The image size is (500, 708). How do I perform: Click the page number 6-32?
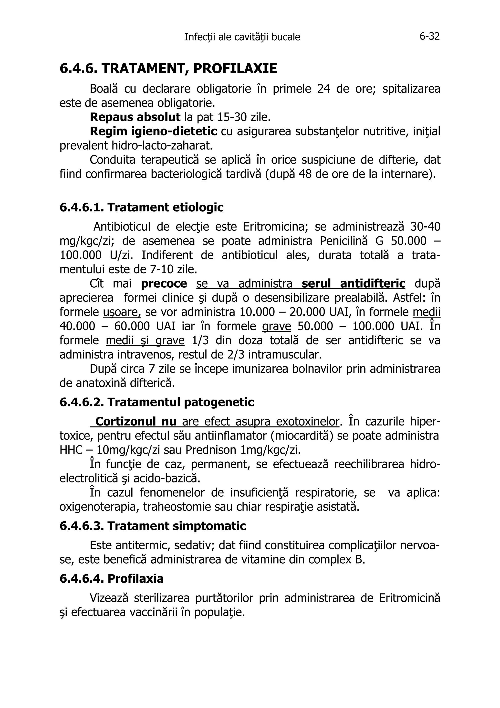click(x=429, y=37)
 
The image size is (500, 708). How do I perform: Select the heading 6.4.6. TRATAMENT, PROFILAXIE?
click(x=168, y=68)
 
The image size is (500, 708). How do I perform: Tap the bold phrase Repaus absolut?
click(x=135, y=117)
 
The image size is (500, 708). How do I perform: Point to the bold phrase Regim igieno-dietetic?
click(x=153, y=131)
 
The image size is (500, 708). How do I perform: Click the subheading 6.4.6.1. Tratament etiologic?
click(x=141, y=207)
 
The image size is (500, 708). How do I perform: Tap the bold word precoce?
click(x=164, y=284)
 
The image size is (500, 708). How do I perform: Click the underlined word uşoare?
click(x=122, y=312)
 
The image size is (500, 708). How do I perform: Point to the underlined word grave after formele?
click(x=276, y=327)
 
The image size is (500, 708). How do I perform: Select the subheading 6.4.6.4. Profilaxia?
click(x=112, y=579)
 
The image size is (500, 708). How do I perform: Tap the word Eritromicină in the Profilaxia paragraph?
click(x=409, y=598)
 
